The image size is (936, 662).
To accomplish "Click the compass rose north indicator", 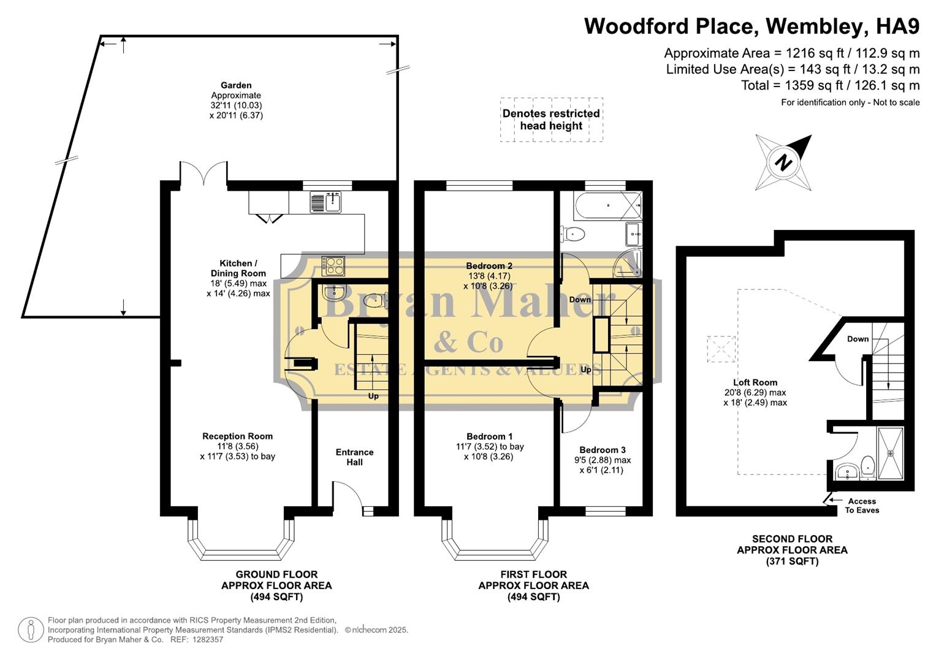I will [783, 163].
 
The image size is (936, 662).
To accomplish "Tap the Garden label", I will [236, 86].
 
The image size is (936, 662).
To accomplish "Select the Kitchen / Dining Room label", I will [238, 268].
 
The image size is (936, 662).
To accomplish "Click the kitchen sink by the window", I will [325, 202].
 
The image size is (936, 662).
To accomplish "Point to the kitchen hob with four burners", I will [334, 266].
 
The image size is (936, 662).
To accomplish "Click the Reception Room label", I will [237, 436].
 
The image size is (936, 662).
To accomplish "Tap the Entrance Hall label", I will [354, 457].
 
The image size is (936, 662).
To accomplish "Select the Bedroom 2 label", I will [489, 266].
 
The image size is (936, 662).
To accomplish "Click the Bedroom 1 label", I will [489, 436].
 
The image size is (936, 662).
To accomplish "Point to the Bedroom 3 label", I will [602, 450].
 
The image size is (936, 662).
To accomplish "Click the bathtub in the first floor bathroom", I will [607, 205].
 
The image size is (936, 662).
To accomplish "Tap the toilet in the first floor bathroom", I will [573, 234].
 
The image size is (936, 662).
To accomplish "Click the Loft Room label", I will [755, 382].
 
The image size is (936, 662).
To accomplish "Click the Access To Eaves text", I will [862, 506].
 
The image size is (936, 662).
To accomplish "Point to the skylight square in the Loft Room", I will [721, 349].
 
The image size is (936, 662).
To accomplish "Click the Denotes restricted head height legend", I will [551, 120].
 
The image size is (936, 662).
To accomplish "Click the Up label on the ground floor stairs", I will [373, 396].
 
